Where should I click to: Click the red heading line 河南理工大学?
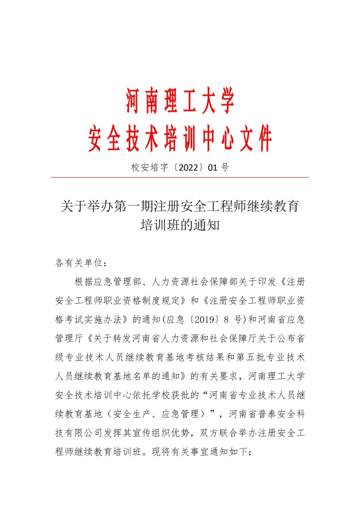point(180,101)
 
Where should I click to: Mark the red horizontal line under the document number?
point(180,177)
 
